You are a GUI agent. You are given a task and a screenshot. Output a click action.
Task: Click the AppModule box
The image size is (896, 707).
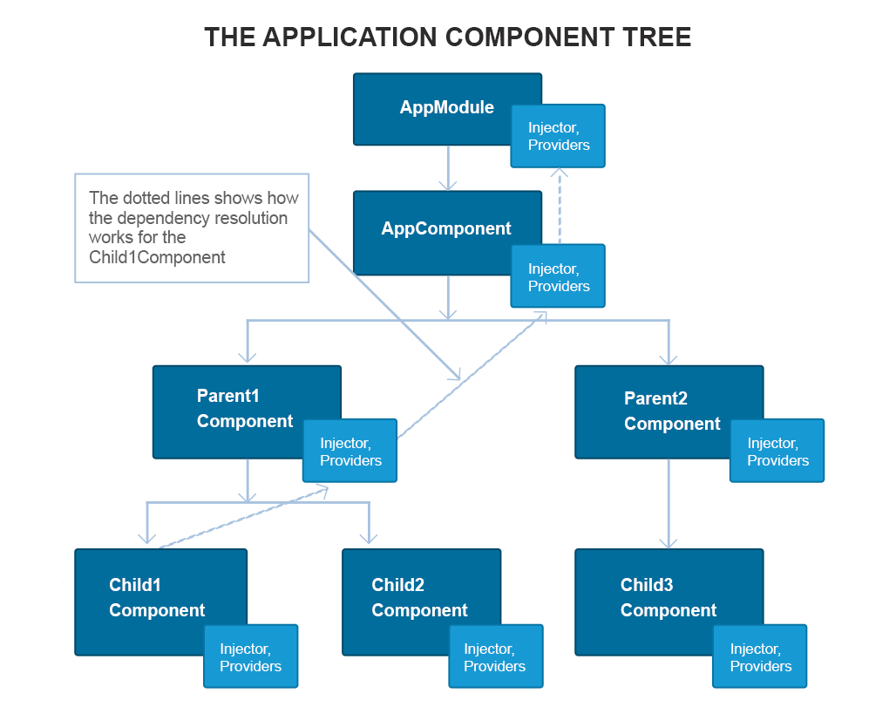(x=436, y=108)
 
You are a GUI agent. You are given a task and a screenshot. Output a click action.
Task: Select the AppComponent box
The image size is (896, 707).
(x=436, y=229)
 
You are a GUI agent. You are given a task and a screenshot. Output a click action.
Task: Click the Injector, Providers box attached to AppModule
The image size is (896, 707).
(x=558, y=136)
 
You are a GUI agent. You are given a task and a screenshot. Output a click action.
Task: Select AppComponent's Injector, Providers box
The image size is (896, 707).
(x=558, y=277)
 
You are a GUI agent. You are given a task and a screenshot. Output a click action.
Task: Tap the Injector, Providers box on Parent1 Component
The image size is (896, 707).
(x=350, y=452)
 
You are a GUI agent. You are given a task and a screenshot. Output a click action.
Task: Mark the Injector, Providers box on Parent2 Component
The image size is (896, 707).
(x=777, y=452)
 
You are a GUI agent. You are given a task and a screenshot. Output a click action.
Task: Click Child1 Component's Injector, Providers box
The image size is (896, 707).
(x=250, y=656)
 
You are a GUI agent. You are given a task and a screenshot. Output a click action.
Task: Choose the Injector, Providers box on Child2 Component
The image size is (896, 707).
(x=495, y=656)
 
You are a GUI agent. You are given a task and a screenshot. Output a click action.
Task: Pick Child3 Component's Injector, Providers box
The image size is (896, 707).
(x=760, y=656)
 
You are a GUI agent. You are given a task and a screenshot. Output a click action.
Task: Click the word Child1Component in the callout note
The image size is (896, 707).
(x=157, y=257)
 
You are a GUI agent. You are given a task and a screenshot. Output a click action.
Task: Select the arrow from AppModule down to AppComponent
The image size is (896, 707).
(x=448, y=167)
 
